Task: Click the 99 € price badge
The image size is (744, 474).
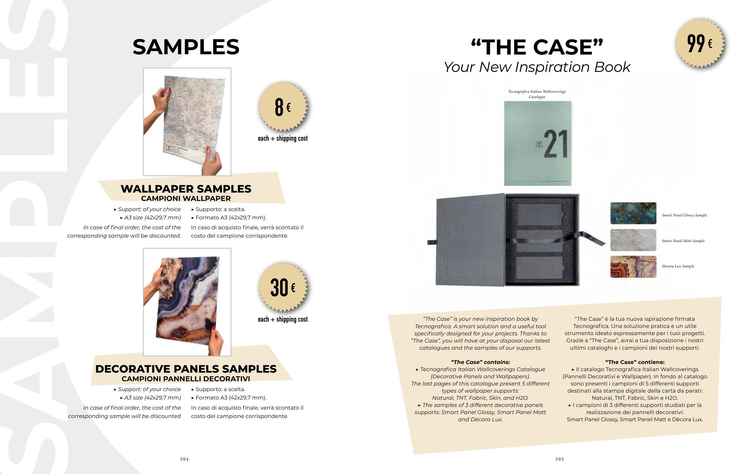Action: pos(700,43)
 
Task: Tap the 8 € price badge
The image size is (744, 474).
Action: pos(283,107)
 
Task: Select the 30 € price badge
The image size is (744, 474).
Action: pos(283,287)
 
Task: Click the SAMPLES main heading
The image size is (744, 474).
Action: pos(186,47)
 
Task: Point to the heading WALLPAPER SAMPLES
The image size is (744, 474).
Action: pos(186,189)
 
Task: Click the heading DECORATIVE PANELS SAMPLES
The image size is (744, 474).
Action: pos(186,369)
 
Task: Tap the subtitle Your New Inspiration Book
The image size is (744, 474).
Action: pos(537,67)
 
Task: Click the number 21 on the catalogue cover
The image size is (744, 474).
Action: pos(556,144)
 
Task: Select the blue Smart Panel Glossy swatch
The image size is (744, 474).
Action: pos(633,213)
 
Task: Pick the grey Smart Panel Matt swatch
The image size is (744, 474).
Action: pos(633,240)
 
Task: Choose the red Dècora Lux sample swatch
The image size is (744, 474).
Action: pos(633,267)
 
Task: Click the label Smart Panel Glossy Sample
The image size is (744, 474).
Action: pos(684,215)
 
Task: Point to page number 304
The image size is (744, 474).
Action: pos(185,459)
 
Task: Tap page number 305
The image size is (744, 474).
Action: pos(559,459)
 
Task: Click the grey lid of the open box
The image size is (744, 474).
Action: pos(470,240)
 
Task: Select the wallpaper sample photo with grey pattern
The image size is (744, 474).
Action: pos(187,122)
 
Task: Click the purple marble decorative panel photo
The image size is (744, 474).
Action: pos(187,302)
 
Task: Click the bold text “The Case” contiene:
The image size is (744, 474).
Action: pos(635,362)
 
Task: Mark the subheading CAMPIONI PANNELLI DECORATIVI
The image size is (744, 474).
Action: pos(186,379)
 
